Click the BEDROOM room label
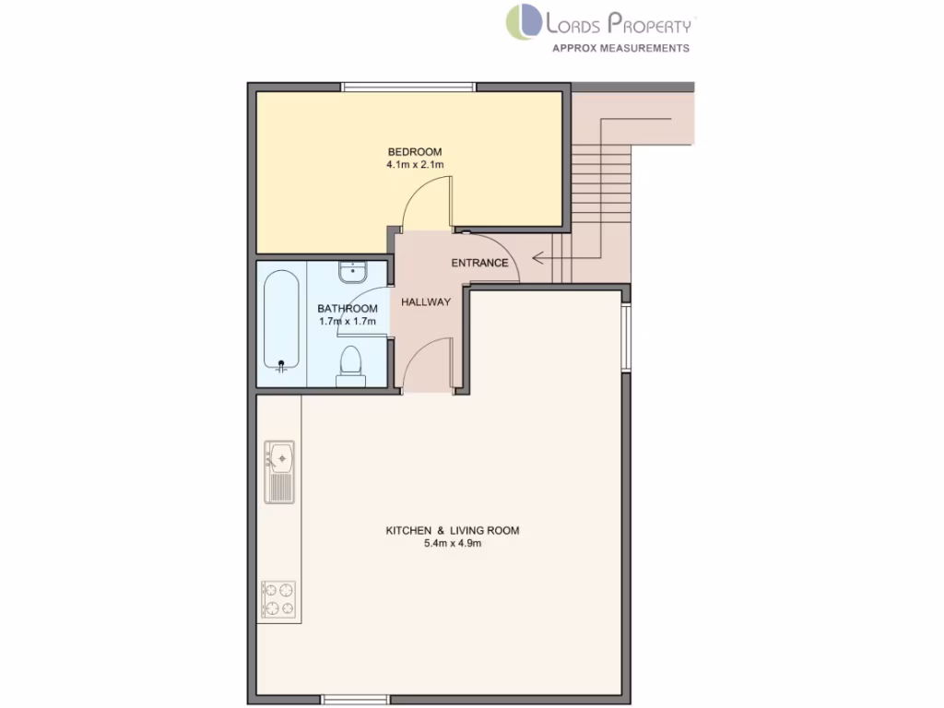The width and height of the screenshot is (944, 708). click(415, 152)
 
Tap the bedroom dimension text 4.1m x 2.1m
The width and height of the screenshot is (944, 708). click(415, 165)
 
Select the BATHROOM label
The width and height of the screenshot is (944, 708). click(348, 309)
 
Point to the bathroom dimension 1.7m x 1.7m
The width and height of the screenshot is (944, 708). click(348, 322)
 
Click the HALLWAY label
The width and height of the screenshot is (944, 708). click(425, 301)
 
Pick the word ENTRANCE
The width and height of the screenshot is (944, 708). click(479, 263)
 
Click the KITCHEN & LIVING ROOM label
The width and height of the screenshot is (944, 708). click(452, 531)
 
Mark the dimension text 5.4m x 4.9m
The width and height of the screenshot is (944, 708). click(452, 544)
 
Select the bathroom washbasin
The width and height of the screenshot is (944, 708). click(351, 272)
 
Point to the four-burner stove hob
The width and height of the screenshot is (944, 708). click(279, 598)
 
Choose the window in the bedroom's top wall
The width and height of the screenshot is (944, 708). click(409, 88)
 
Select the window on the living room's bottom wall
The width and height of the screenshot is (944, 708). click(355, 700)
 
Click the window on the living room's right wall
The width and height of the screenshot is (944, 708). click(626, 337)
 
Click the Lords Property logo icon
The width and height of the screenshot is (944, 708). click(523, 22)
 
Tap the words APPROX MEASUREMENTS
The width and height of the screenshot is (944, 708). click(619, 48)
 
